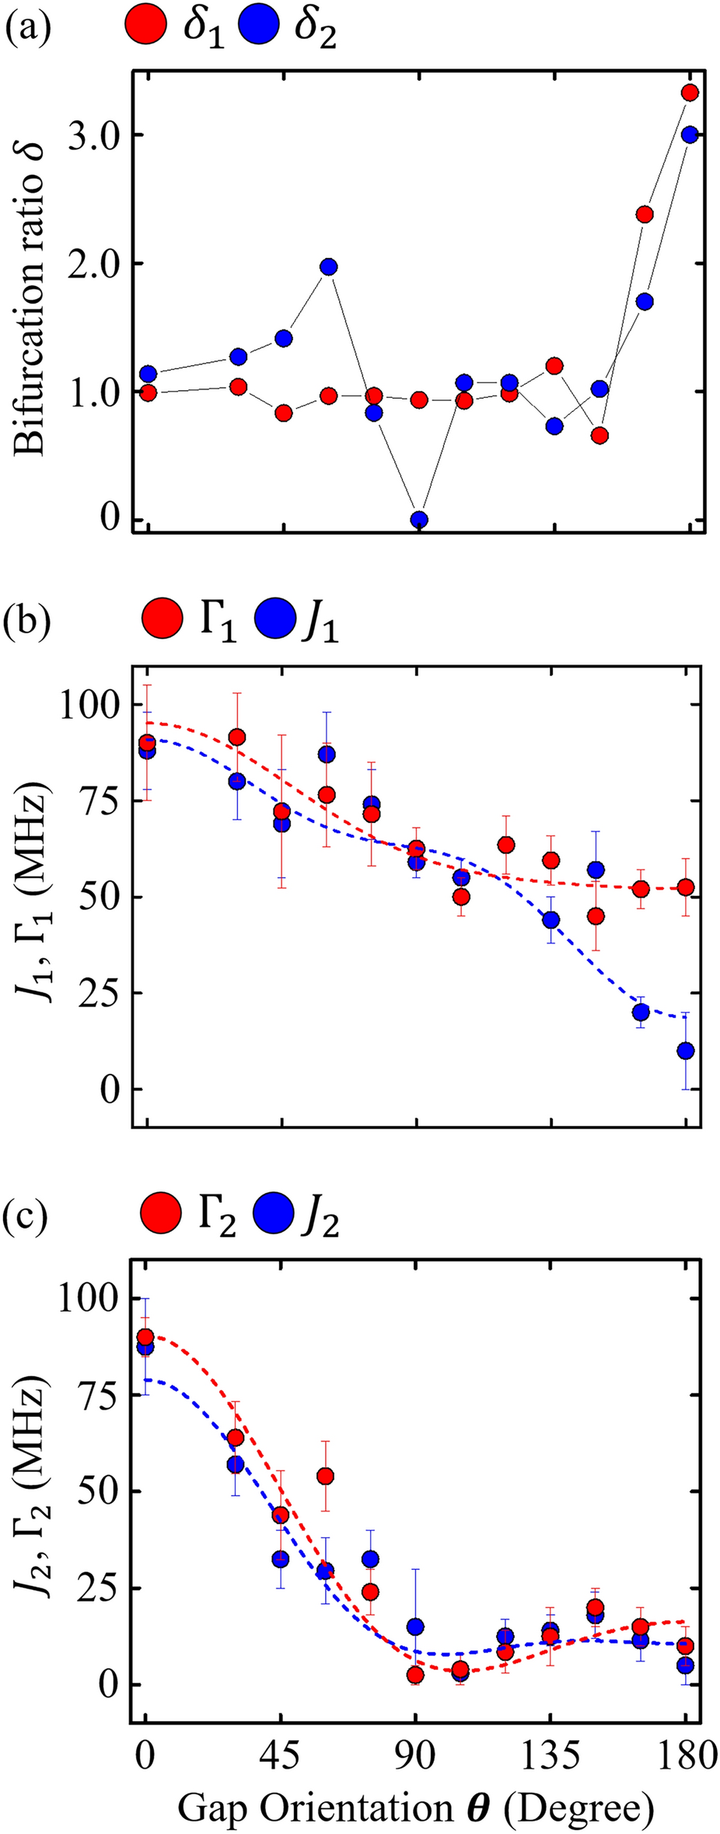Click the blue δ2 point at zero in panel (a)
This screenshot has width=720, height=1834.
pos(419,520)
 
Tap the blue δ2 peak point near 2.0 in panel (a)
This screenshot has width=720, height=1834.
pos(329,267)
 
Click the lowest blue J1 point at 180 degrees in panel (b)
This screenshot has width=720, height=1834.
pos(686,1051)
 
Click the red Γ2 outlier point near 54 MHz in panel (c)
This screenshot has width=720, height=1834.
pos(326,1476)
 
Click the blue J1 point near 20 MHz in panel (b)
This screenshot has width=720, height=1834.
pos(641,1012)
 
